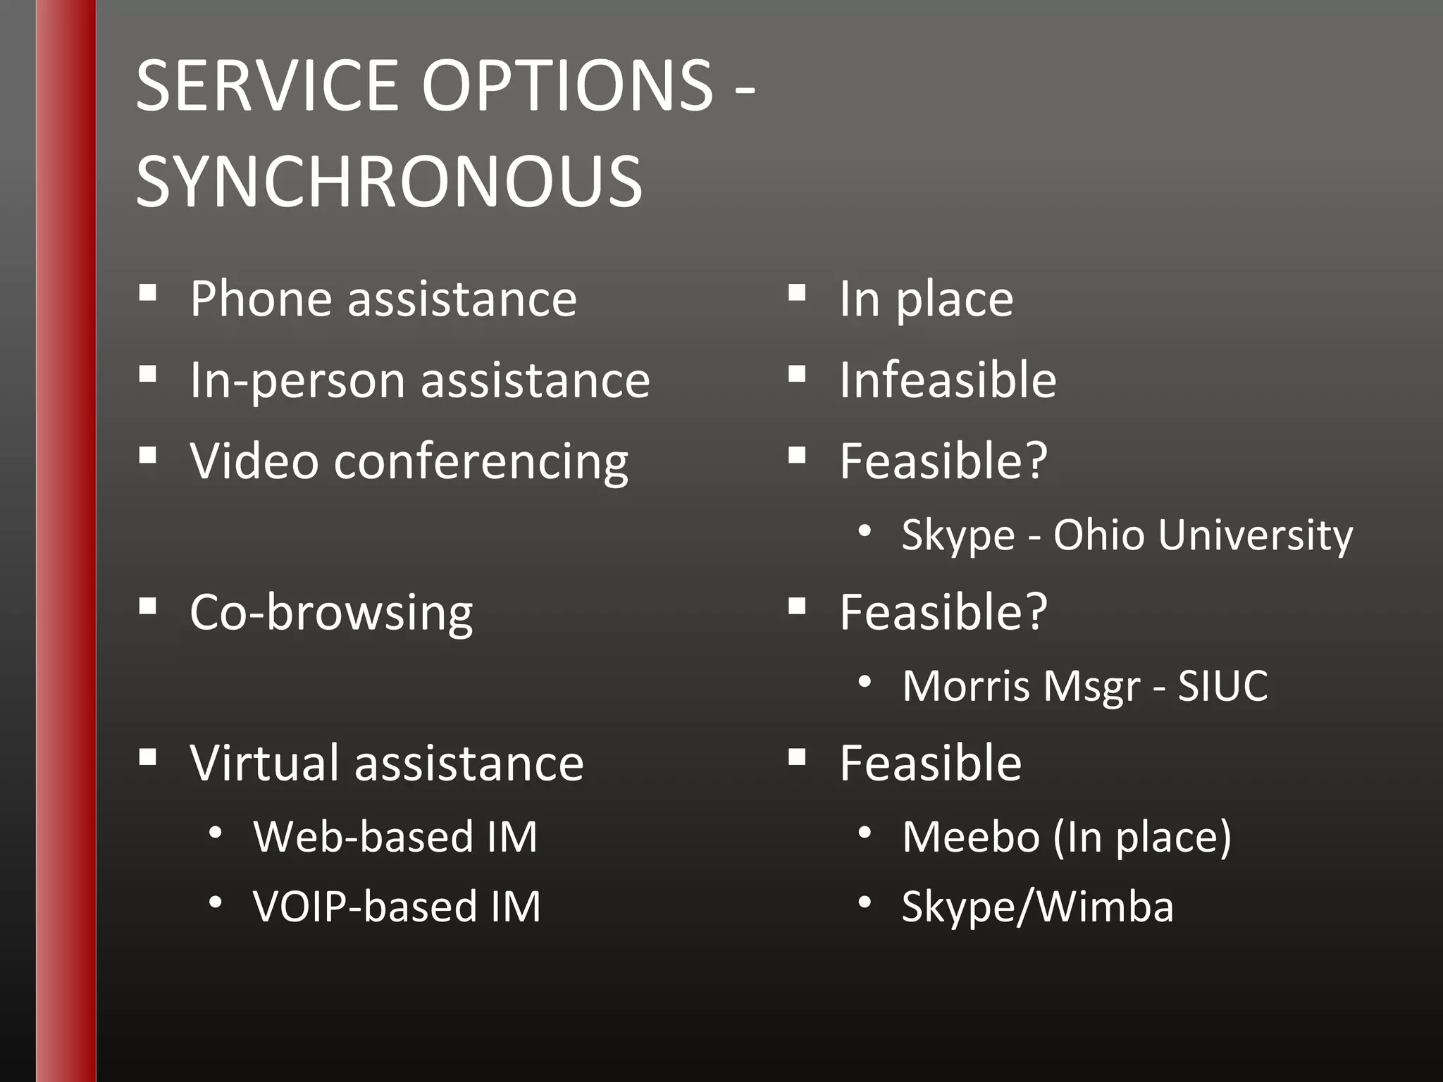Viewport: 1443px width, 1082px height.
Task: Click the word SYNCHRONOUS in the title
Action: (389, 182)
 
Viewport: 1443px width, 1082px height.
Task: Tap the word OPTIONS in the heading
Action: (568, 86)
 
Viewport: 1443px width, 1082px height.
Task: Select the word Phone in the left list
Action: (260, 299)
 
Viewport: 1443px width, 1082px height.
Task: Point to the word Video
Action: (254, 461)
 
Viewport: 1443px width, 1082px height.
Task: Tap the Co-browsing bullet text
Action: (331, 613)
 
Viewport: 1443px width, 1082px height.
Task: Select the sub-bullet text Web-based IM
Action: (395, 837)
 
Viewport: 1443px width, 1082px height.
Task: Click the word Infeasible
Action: (948, 380)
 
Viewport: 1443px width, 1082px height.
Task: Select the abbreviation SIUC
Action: (1222, 686)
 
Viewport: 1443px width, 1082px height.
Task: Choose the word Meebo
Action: (971, 837)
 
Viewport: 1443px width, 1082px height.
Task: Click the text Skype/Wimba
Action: (1038, 907)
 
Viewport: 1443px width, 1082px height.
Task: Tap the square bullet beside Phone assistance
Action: (148, 293)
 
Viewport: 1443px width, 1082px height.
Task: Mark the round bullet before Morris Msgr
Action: (865, 682)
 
